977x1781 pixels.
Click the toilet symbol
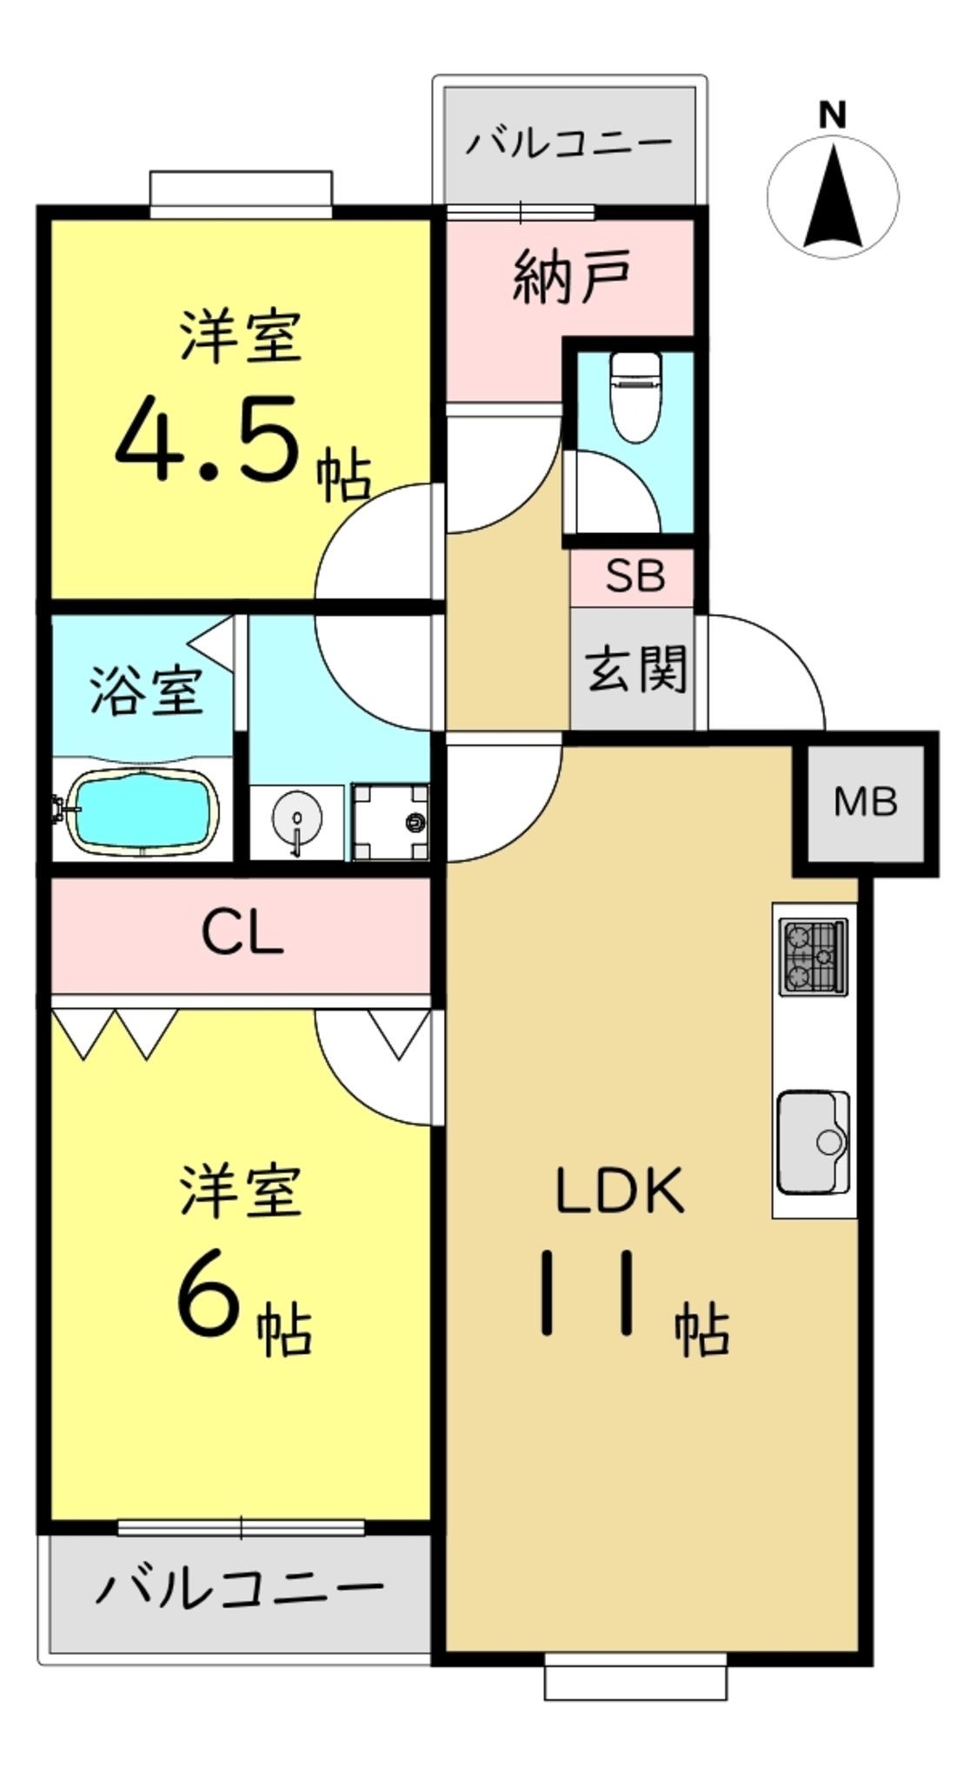coord(635,396)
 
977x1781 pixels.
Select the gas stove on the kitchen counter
coord(814,957)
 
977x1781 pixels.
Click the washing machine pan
coord(390,822)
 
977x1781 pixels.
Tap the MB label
coord(865,801)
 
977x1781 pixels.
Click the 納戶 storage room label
coord(571,276)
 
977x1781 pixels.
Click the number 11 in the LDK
coord(588,1291)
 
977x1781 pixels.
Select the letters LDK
coord(621,1191)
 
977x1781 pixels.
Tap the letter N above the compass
coord(833,115)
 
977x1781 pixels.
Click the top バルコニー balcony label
coord(569,142)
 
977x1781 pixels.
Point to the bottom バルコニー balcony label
coord(240,1587)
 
